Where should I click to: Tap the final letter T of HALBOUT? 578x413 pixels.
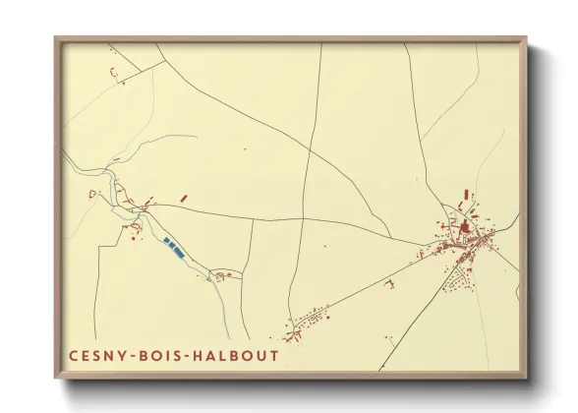[x=274, y=355]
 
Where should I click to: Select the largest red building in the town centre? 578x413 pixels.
[x=464, y=228]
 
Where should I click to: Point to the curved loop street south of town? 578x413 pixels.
[x=456, y=284]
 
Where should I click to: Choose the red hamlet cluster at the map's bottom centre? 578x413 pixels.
[x=311, y=320]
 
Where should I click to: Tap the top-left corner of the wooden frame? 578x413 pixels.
[x=57, y=39]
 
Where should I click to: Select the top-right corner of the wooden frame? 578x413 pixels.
[x=525, y=39]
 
